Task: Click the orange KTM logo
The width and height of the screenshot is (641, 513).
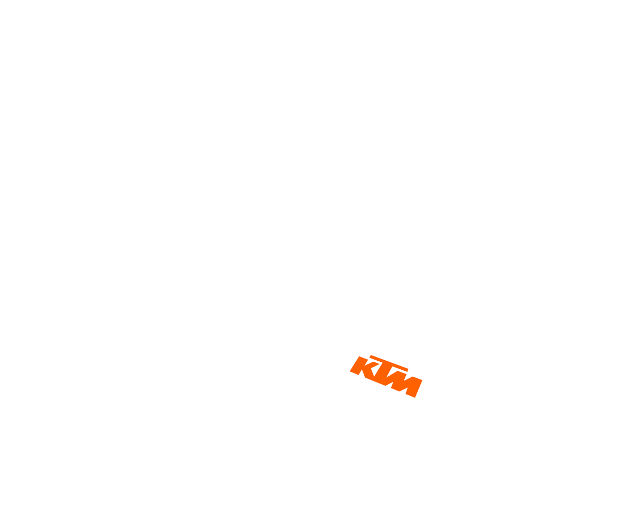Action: point(386,376)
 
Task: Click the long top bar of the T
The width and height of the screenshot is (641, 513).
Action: point(389,363)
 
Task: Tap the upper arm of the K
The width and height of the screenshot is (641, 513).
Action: point(372,364)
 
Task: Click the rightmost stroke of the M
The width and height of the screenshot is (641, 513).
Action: point(415,387)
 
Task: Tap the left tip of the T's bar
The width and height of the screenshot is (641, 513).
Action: point(370,356)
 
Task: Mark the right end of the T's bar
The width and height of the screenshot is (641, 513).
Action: point(408,370)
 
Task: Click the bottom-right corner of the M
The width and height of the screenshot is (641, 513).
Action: point(415,398)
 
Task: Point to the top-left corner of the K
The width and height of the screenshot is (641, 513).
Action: point(359,356)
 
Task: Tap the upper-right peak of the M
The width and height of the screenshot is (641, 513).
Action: point(413,377)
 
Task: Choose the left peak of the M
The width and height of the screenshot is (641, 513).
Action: point(397,371)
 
